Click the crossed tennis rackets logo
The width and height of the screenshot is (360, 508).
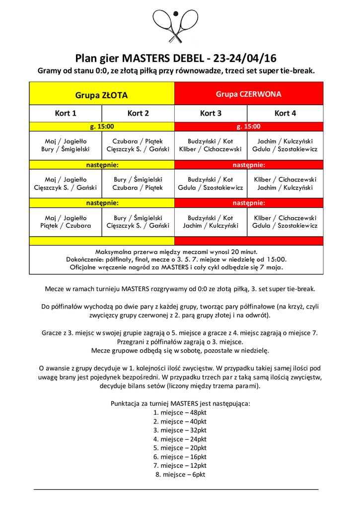[x=176, y=26]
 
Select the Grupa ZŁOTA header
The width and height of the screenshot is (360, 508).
[x=101, y=95]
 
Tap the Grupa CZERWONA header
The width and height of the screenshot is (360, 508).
[x=248, y=94]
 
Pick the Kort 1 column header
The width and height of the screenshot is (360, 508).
[x=66, y=113]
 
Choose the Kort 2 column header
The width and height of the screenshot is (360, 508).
[x=138, y=113]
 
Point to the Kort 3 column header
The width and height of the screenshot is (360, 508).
[x=211, y=113]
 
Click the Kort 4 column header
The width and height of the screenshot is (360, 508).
[x=285, y=113]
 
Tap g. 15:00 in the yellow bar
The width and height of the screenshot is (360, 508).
[x=101, y=127]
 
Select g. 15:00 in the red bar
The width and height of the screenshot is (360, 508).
[x=248, y=127]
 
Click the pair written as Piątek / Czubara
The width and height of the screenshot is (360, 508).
[x=66, y=226]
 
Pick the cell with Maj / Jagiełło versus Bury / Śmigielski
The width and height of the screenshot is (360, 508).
[x=66, y=145]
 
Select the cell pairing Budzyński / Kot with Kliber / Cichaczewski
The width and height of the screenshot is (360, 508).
[x=211, y=145]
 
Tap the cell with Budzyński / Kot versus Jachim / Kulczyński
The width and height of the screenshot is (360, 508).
[x=211, y=222]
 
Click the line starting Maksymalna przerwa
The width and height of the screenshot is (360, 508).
[x=176, y=252]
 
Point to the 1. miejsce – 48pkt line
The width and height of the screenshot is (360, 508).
[x=180, y=412]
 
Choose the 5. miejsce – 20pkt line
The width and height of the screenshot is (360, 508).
[x=180, y=448]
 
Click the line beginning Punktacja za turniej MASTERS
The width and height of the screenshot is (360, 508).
[x=180, y=403]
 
